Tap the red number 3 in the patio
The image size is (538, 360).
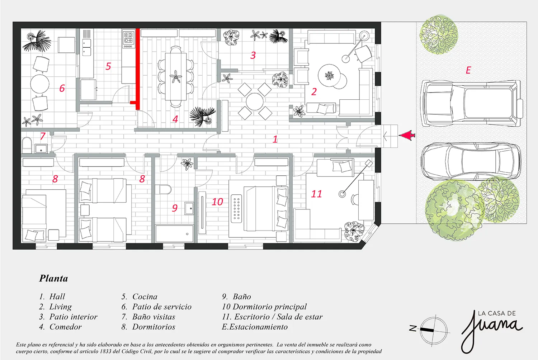click(253, 55)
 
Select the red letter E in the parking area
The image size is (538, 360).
click(468, 70)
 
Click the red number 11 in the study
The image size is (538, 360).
click(316, 194)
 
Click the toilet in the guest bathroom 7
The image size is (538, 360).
click(27, 145)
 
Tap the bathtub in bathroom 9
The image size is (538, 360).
click(174, 233)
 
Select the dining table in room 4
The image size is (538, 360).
click(176, 76)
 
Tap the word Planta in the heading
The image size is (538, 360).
click(53, 278)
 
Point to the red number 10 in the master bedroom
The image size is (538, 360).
click(217, 202)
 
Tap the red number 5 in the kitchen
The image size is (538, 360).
click(108, 66)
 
